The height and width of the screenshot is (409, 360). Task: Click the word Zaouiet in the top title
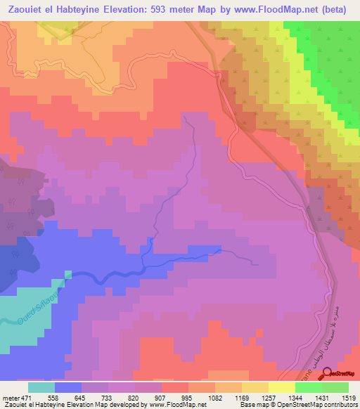[30, 9]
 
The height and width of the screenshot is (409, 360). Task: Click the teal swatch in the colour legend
[41, 387]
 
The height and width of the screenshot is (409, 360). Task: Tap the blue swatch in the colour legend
[68, 387]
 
